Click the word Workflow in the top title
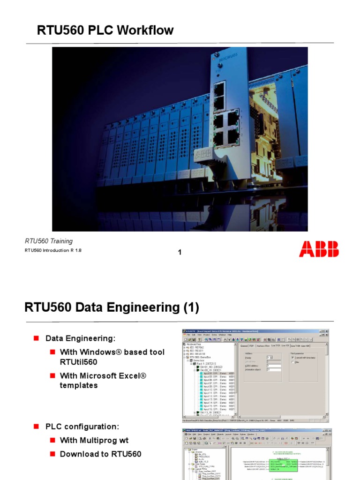[x=145, y=31]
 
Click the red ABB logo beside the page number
[x=319, y=248]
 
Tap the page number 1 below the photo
[x=180, y=253]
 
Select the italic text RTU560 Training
[x=49, y=241]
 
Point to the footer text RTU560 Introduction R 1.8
[x=53, y=251]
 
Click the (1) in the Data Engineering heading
[x=191, y=308]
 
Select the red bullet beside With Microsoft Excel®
[x=53, y=375]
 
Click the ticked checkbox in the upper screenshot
[x=293, y=357]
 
